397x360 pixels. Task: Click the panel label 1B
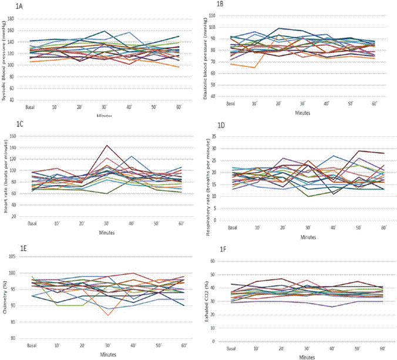tap(220, 4)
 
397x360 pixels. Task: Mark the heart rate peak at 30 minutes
tap(107, 145)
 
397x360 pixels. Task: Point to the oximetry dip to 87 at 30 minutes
tap(107, 315)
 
